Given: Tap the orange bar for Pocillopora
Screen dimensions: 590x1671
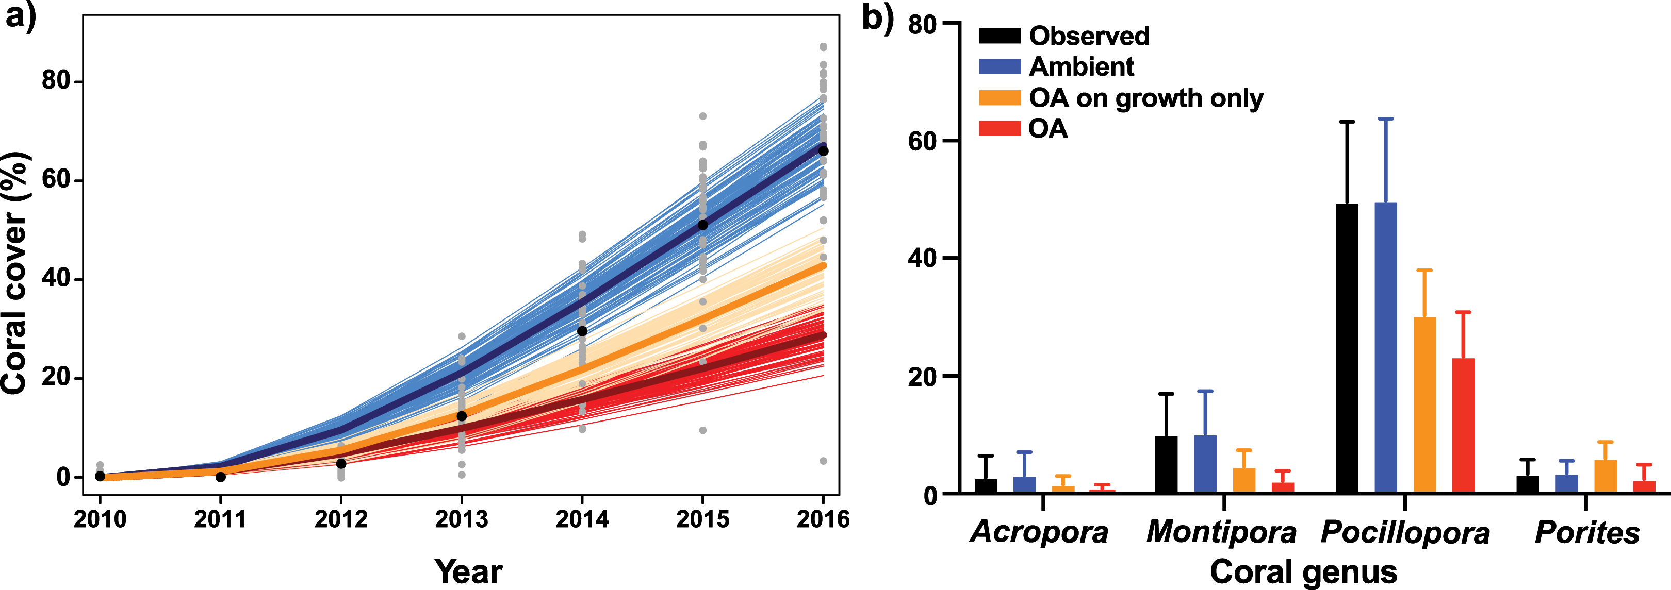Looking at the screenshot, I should click(x=1424, y=404).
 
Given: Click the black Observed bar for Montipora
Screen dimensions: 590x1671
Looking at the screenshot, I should click(x=1166, y=464).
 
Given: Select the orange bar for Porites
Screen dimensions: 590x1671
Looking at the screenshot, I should click(x=1606, y=477).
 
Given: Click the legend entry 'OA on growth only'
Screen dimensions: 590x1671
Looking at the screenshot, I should click(x=1145, y=98).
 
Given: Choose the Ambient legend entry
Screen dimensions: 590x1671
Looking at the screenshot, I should click(x=1082, y=67).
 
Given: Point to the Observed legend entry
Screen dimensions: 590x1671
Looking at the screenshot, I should click(x=1089, y=36).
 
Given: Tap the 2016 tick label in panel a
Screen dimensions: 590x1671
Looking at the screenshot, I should click(x=823, y=519).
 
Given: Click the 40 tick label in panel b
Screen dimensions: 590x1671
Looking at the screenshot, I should click(x=923, y=258).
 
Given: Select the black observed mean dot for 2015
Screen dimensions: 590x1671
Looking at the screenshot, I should click(x=702, y=225).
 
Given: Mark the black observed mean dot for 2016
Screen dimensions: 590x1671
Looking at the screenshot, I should click(x=823, y=150).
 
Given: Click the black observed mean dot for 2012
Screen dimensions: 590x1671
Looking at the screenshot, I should click(x=341, y=464).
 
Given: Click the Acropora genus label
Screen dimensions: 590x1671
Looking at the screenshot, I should click(x=1039, y=532).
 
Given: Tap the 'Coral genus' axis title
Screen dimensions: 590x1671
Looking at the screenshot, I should click(x=1303, y=572).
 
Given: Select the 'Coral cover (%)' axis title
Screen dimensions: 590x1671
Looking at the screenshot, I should click(x=15, y=272).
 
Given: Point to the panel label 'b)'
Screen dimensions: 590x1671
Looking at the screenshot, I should click(x=876, y=18).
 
